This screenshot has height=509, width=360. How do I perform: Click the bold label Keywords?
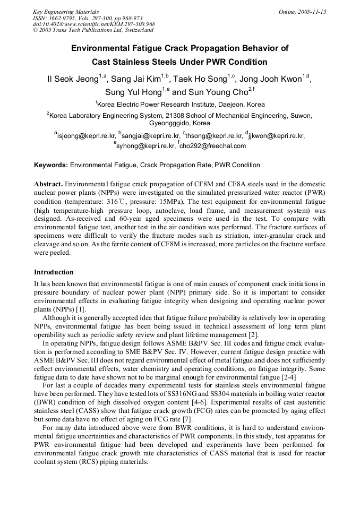click(51, 165)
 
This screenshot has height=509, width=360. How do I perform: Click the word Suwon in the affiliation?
click(302, 115)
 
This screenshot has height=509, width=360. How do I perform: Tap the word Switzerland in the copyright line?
click(136, 31)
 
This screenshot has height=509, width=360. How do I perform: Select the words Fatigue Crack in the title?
click(167, 48)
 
